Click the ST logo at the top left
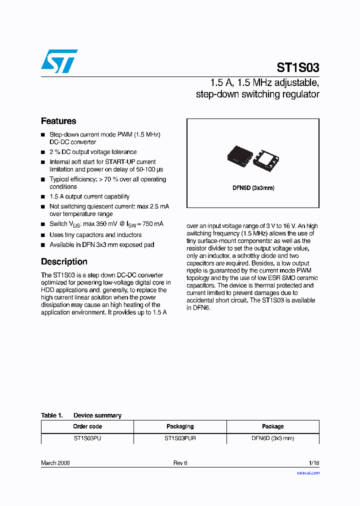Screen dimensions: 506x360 click(x=59, y=61)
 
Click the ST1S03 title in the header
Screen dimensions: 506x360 click(x=298, y=67)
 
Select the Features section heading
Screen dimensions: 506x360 click(x=58, y=121)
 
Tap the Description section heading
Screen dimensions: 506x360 click(x=64, y=261)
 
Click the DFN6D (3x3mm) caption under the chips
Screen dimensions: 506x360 click(x=253, y=188)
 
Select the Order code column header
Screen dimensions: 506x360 click(x=87, y=426)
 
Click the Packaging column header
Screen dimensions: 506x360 click(x=180, y=426)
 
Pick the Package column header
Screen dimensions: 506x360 click(x=272, y=426)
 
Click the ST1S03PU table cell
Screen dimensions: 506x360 click(x=87, y=438)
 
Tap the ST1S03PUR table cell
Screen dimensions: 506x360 click(x=180, y=438)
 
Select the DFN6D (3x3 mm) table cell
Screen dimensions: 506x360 click(x=272, y=438)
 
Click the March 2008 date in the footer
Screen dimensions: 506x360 click(x=55, y=463)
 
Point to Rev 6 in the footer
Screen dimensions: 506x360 click(x=180, y=463)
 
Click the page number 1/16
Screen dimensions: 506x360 click(x=313, y=463)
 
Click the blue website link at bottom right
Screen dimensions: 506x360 click(x=308, y=472)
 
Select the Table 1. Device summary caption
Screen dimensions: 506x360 click(x=81, y=415)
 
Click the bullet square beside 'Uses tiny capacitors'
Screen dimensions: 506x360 click(x=43, y=235)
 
